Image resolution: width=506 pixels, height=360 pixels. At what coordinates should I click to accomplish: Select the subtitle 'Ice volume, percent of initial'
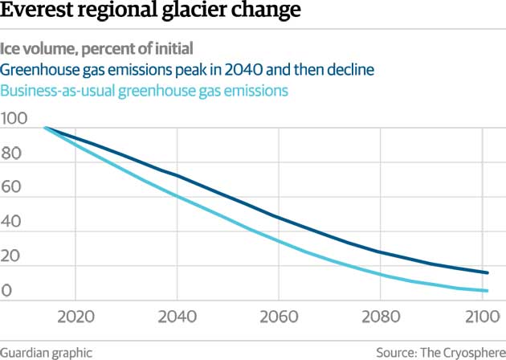(x=97, y=47)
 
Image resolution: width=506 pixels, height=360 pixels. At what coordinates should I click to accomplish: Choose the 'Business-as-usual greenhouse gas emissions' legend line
(x=145, y=91)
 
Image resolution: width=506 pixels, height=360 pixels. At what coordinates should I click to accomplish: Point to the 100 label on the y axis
(x=14, y=119)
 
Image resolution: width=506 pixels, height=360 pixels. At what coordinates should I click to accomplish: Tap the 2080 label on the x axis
(x=379, y=315)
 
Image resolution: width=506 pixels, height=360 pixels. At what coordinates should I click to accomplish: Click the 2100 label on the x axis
(x=479, y=315)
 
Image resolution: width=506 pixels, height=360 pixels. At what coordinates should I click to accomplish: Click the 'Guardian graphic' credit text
(x=47, y=351)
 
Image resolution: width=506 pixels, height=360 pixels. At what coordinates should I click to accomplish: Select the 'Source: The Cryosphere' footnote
(x=441, y=351)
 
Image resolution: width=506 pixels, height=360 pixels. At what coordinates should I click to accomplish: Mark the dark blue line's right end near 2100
(x=487, y=273)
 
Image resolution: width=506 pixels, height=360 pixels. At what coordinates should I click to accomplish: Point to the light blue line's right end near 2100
(x=487, y=291)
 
